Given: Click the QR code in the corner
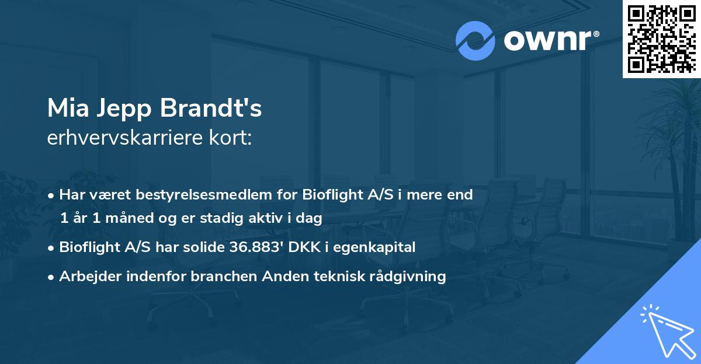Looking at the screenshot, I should click(661, 38).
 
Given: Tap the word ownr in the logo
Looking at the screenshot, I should click(549, 41).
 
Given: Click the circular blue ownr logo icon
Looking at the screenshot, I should click(476, 41).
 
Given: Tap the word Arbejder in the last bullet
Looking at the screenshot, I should click(85, 276).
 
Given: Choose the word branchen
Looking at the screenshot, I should click(219, 276).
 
